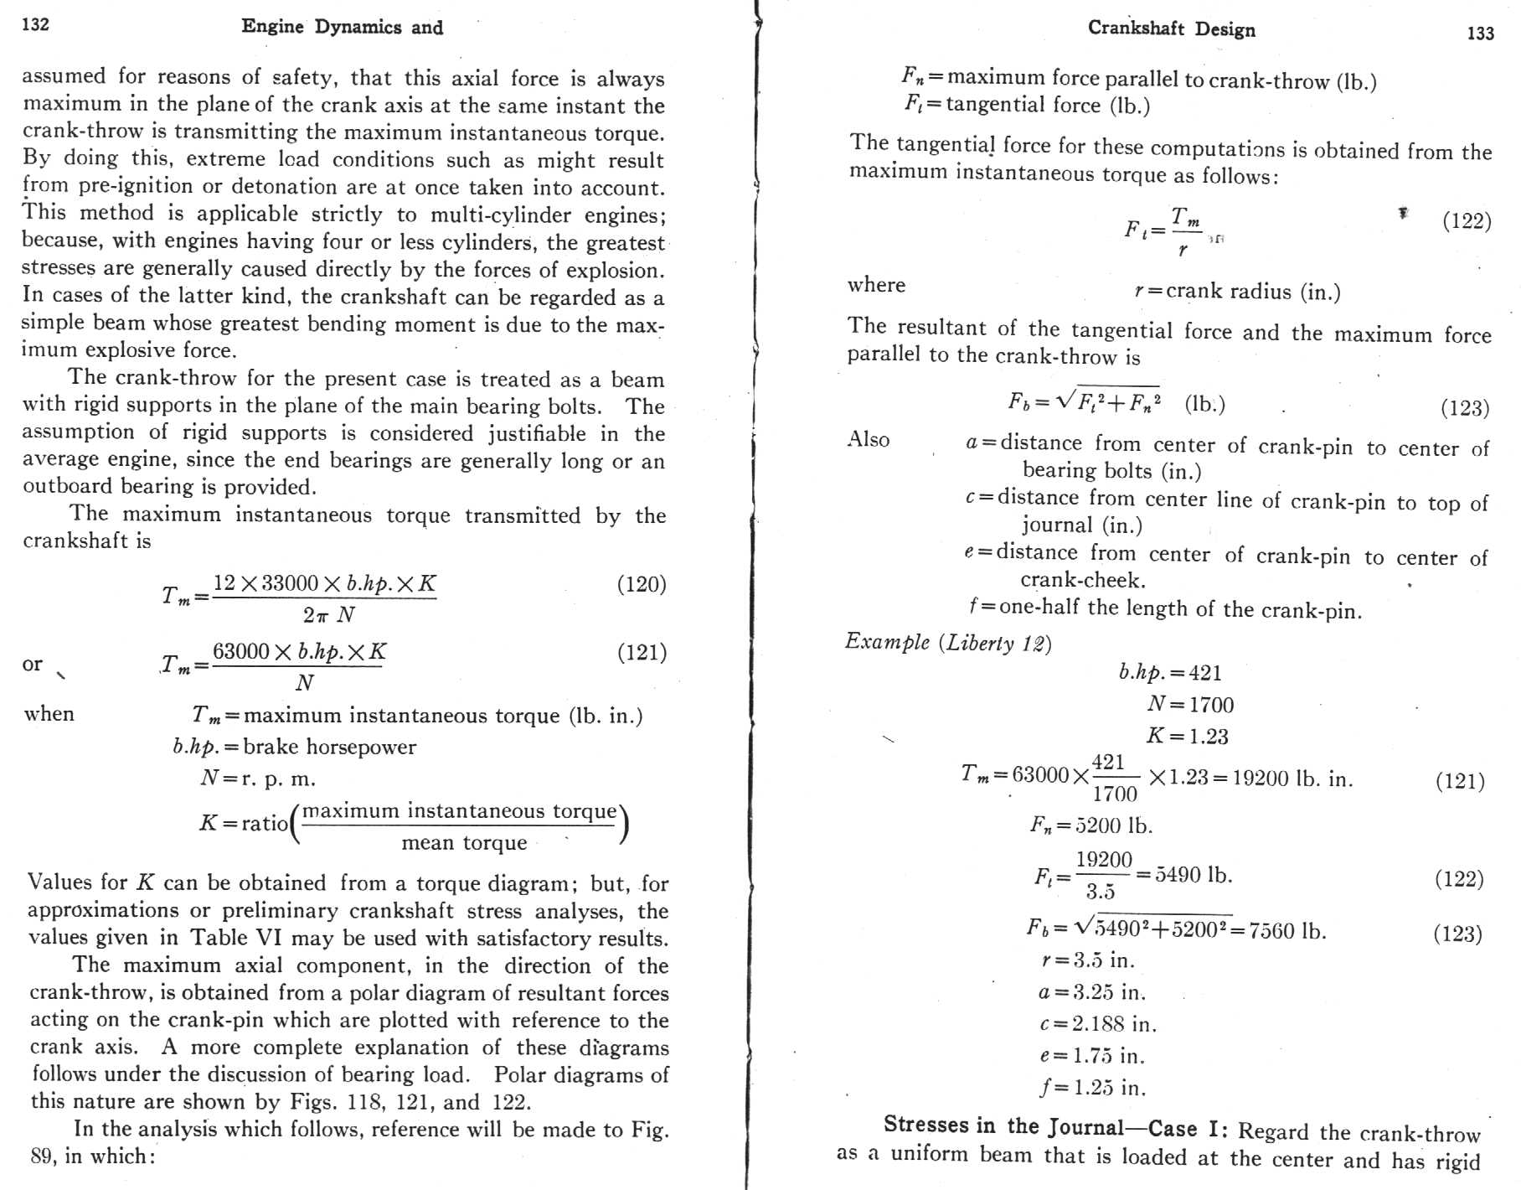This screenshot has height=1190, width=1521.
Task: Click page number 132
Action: pos(35,23)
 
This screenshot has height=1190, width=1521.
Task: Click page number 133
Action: pos(1480,33)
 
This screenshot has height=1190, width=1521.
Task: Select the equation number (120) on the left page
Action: pos(641,584)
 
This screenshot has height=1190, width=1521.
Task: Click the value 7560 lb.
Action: pos(1286,930)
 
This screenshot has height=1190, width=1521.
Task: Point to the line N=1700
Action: pos(1189,704)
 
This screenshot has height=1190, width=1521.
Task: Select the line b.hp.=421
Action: pos(1170,672)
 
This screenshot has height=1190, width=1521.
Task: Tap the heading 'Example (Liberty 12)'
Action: pos(947,643)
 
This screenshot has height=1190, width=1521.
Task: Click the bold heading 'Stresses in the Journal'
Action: pos(1003,1125)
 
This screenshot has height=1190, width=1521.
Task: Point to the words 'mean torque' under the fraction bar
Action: pos(464,842)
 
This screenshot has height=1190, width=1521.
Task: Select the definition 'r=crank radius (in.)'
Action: pos(1237,291)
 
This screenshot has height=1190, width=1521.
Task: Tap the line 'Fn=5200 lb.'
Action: pos(1090,825)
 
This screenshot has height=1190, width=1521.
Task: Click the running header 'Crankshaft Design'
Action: pos(1171,28)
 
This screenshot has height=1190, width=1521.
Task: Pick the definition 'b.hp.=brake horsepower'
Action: pos(294,747)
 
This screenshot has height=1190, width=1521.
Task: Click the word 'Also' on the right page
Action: pos(869,440)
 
